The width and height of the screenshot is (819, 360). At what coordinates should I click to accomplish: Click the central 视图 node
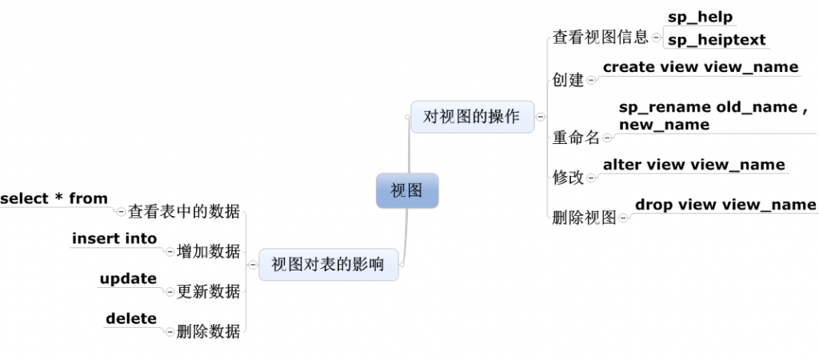tap(407, 190)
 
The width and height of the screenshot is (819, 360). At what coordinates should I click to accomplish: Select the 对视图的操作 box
tap(472, 117)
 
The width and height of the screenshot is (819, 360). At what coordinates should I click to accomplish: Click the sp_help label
tap(701, 17)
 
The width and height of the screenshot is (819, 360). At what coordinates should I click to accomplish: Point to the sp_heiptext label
tap(717, 39)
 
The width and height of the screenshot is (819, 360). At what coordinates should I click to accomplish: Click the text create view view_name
tap(701, 67)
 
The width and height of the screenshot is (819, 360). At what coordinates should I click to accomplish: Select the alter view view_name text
tap(693, 165)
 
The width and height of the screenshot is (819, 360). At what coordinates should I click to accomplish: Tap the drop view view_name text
tap(725, 205)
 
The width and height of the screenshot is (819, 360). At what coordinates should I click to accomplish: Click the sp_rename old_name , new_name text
tap(708, 116)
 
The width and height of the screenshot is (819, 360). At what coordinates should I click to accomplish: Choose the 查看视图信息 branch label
tap(601, 38)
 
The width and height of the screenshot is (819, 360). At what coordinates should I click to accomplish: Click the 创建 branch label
tap(569, 80)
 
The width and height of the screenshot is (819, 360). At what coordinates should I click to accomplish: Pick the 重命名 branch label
tap(576, 138)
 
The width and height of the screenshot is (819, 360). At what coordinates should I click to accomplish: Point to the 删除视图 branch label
tap(585, 217)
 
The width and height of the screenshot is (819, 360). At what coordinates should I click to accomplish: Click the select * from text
tap(54, 199)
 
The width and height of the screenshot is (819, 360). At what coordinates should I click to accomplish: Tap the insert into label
tap(114, 238)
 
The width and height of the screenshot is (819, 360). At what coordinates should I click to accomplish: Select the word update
tap(128, 278)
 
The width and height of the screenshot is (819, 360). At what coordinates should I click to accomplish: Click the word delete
tap(131, 318)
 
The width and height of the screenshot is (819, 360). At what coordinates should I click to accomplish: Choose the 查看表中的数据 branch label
tap(184, 212)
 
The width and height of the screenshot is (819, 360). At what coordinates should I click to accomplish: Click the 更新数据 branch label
tap(208, 291)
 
